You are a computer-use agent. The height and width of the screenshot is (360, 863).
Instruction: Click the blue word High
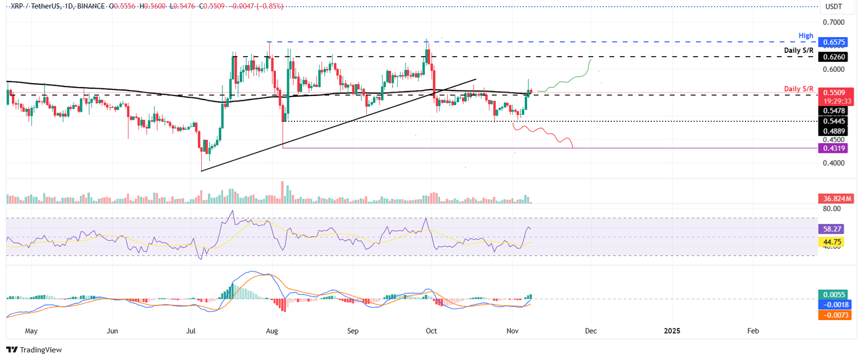click(806, 36)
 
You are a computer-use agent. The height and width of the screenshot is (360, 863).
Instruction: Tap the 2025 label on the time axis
click(671, 331)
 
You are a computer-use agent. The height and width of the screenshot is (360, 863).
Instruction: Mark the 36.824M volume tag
click(836, 198)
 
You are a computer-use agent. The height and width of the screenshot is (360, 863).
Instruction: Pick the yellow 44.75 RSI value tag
click(832, 243)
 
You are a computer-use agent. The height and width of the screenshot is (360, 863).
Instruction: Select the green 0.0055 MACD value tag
click(834, 295)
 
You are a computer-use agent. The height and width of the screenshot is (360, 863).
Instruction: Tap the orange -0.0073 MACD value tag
click(834, 315)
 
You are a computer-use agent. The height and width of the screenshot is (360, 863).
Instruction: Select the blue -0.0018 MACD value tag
click(834, 305)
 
